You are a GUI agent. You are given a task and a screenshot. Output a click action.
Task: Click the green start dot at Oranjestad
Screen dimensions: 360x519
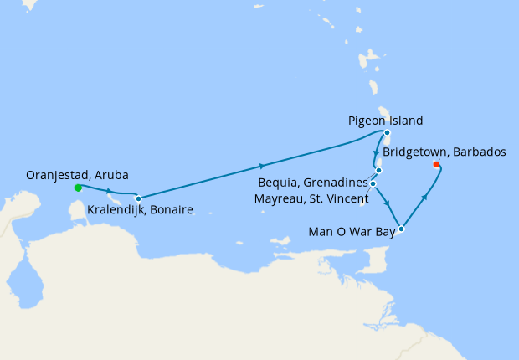tap(78, 188)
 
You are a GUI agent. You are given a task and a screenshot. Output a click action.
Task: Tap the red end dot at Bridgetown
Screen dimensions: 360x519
tap(436, 165)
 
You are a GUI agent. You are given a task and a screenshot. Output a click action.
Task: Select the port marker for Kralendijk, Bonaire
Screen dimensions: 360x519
tap(138, 198)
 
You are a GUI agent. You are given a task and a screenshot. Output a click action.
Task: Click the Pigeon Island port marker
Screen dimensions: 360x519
tap(387, 132)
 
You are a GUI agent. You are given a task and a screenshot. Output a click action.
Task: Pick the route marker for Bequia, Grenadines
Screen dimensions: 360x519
tap(379, 170)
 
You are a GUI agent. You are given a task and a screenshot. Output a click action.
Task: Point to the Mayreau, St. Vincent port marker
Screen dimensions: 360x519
tap(373, 183)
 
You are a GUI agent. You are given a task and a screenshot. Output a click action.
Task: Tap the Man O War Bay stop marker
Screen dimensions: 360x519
tap(402, 229)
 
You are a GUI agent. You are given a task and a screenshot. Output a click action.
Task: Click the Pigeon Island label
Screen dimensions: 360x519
tap(385, 120)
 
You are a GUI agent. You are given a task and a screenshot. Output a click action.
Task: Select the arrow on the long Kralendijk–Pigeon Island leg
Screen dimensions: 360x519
tap(262, 166)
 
